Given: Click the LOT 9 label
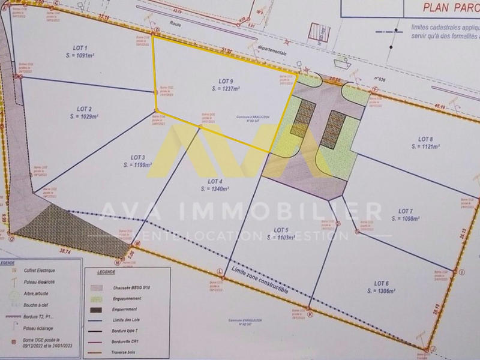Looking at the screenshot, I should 226,80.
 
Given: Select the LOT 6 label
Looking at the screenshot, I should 382,283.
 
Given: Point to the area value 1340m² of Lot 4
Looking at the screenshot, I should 215,188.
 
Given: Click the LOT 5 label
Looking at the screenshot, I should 281,230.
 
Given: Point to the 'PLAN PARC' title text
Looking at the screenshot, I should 446,8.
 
